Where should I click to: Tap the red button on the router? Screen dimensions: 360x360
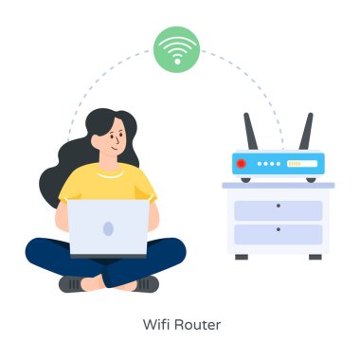pos(241,164)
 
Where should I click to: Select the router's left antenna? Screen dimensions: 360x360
pos(250,134)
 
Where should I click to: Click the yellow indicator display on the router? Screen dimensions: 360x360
pos(301,164)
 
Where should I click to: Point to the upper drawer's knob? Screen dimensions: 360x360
pos(278,206)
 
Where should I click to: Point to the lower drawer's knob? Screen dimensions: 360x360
pos(278,229)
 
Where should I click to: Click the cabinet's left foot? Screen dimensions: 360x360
pos(242,256)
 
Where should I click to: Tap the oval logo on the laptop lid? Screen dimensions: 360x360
pos(107,228)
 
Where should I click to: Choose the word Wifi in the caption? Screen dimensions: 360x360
pos(157,325)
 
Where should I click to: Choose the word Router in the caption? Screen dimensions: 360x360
pos(197,325)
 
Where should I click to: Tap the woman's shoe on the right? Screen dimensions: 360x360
pos(141,283)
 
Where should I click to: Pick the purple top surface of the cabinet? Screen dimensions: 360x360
pos(278,185)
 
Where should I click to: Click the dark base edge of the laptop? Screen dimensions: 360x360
pos(107,256)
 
